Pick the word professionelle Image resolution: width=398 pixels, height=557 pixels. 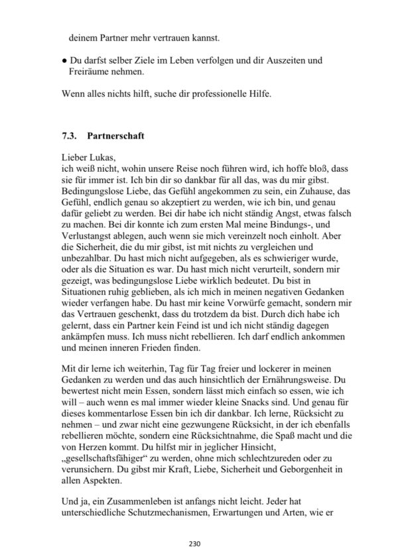(210, 93)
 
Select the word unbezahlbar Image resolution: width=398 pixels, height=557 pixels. (88, 280)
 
